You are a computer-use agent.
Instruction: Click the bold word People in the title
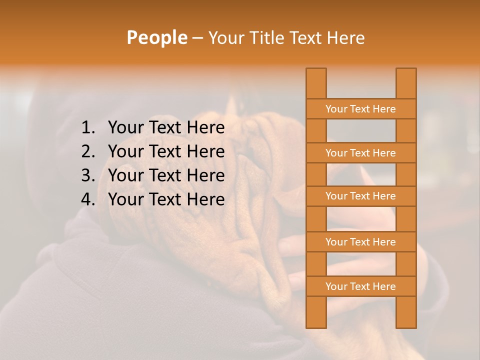156,37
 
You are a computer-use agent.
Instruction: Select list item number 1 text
166,127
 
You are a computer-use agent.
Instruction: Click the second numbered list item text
166,151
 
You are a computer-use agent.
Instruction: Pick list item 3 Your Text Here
166,175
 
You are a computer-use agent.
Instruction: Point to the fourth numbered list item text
166,199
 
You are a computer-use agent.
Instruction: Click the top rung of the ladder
360,109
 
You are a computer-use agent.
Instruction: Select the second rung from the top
360,153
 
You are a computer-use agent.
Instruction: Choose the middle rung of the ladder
360,196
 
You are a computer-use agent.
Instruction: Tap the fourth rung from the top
360,242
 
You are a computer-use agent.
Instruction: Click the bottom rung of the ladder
360,286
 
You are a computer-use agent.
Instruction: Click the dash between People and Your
197,38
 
